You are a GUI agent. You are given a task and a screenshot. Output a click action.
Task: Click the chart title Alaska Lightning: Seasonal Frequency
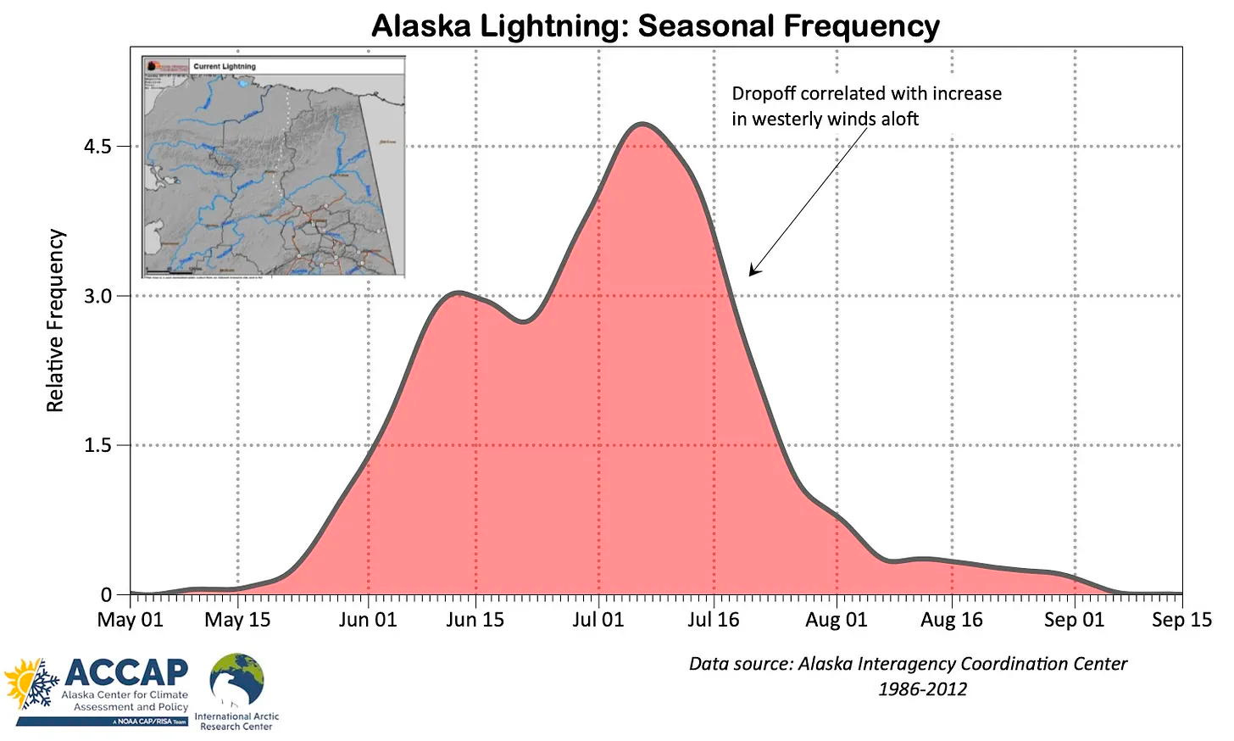pos(655,26)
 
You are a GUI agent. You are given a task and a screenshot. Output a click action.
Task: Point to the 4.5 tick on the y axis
pos(97,147)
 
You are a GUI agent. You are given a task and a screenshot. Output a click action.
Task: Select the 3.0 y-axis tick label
pos(97,296)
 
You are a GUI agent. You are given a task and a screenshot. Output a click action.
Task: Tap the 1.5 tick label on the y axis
pos(97,445)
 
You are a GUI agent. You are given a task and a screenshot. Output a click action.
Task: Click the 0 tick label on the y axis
pos(106,595)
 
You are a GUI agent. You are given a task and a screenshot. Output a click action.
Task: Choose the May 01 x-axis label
pos(130,620)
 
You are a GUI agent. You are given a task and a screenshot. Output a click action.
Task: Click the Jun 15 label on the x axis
pos(475,620)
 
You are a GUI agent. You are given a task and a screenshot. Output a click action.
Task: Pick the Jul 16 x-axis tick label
pos(713,620)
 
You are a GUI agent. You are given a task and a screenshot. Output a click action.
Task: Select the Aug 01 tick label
pos(836,620)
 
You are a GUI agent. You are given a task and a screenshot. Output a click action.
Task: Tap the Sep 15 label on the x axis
pos(1181,620)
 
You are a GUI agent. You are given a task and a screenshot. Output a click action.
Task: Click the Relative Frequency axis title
pos(55,320)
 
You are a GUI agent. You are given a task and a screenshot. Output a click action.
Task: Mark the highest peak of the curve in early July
pos(642,125)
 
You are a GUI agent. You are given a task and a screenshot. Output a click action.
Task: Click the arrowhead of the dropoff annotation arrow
pos(753,271)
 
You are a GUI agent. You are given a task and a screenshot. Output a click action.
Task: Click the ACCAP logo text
pos(126,672)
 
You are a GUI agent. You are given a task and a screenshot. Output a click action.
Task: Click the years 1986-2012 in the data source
pos(922,688)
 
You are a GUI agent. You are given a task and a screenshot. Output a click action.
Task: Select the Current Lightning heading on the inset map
pos(224,66)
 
